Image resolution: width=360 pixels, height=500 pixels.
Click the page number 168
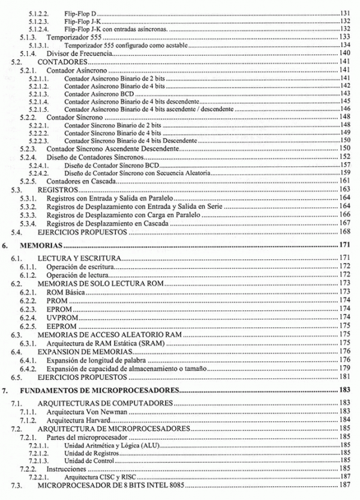(345, 232)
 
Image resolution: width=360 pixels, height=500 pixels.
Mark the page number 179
(345, 368)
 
